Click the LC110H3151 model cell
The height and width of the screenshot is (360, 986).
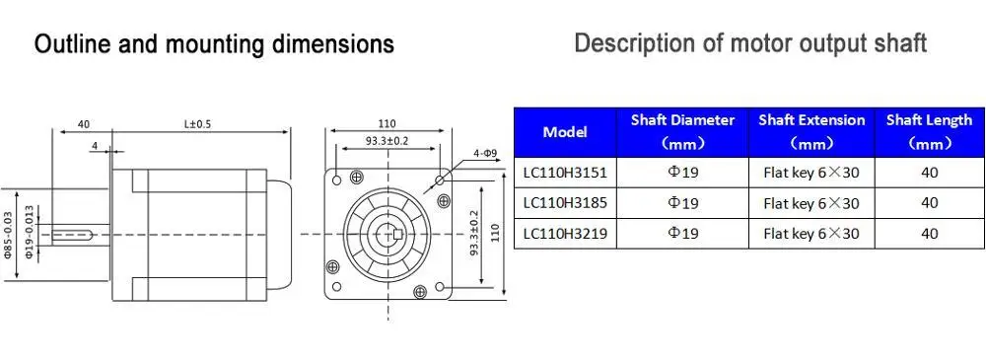[x=565, y=172]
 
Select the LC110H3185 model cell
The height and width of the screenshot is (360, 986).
[x=565, y=202]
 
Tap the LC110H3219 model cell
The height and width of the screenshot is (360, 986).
[x=565, y=234]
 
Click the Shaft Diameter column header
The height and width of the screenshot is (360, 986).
[x=682, y=132]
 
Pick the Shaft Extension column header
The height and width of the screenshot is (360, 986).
[x=811, y=132]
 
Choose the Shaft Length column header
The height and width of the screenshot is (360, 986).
[x=929, y=132]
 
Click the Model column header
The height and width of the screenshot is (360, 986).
[x=565, y=132]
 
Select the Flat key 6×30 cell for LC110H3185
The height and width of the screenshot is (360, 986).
[x=811, y=202]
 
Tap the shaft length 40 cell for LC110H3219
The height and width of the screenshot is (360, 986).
[x=929, y=234]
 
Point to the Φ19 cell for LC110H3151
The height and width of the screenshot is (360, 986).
[x=682, y=172]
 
